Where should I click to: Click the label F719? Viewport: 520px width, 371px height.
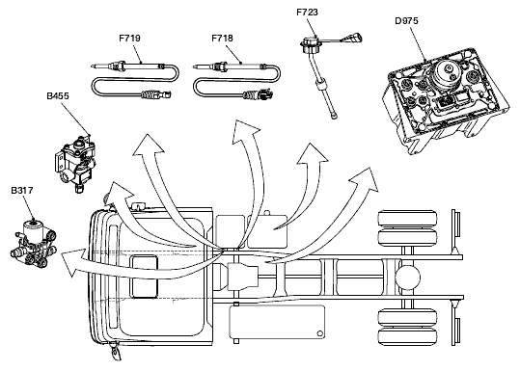click(x=129, y=39)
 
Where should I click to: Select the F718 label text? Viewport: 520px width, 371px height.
click(x=222, y=39)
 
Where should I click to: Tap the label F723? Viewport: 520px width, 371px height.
click(x=307, y=13)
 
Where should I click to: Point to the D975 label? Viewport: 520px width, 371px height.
click(x=406, y=21)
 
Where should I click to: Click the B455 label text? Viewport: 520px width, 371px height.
click(x=58, y=95)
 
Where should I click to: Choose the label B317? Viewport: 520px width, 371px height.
click(x=22, y=191)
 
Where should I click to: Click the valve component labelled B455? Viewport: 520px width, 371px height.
click(x=75, y=163)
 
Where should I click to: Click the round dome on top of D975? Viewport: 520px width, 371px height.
click(x=448, y=71)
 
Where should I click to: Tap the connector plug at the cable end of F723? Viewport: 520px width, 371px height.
click(x=355, y=37)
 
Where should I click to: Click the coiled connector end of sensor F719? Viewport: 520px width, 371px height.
click(x=156, y=95)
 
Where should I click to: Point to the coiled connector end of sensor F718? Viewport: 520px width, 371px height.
click(x=258, y=95)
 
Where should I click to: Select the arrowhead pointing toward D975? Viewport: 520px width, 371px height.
click(x=366, y=179)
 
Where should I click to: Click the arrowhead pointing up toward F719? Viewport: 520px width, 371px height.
click(x=148, y=145)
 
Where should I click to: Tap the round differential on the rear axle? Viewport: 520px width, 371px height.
click(x=407, y=278)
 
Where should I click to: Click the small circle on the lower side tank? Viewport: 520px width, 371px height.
click(x=319, y=333)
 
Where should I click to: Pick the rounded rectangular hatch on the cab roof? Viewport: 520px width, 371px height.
click(x=145, y=277)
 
